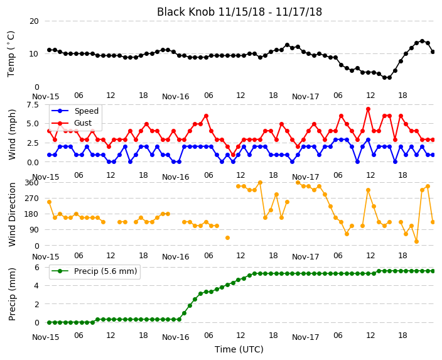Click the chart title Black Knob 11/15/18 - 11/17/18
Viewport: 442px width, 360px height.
pyautogui.click(x=239, y=12)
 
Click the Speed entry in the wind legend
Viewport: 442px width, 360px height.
pyautogui.click(x=86, y=111)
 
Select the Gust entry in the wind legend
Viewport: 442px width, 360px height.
pyautogui.click(x=83, y=123)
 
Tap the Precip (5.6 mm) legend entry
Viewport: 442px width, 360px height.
pyautogui.click(x=105, y=271)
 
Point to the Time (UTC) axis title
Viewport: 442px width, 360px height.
pyautogui.click(x=239, y=349)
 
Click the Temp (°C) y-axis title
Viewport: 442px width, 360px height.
pyautogui.click(x=11, y=54)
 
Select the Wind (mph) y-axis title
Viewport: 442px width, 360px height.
pyautogui.click(x=11, y=135)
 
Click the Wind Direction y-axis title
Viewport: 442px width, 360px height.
pyautogui.click(x=12, y=215)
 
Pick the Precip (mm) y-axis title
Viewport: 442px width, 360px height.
pyautogui.click(x=11, y=294)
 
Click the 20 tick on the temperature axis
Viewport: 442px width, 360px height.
pyautogui.click(x=34, y=21)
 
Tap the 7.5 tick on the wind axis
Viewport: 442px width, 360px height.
pyautogui.click(x=33, y=105)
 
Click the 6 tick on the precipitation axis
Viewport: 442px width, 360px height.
pyautogui.click(x=36, y=267)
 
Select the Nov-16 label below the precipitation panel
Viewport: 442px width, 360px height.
pyautogui.click(x=175, y=337)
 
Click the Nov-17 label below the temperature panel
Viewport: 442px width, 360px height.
pyautogui.click(x=305, y=97)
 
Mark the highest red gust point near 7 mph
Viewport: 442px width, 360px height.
pyautogui.click(x=368, y=109)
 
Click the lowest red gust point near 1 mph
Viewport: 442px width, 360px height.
pyautogui.click(x=233, y=155)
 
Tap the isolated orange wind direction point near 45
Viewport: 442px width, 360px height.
pyautogui.click(x=227, y=238)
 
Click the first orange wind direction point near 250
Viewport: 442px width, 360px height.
pyautogui.click(x=50, y=202)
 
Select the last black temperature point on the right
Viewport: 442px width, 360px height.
pyautogui.click(x=433, y=52)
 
